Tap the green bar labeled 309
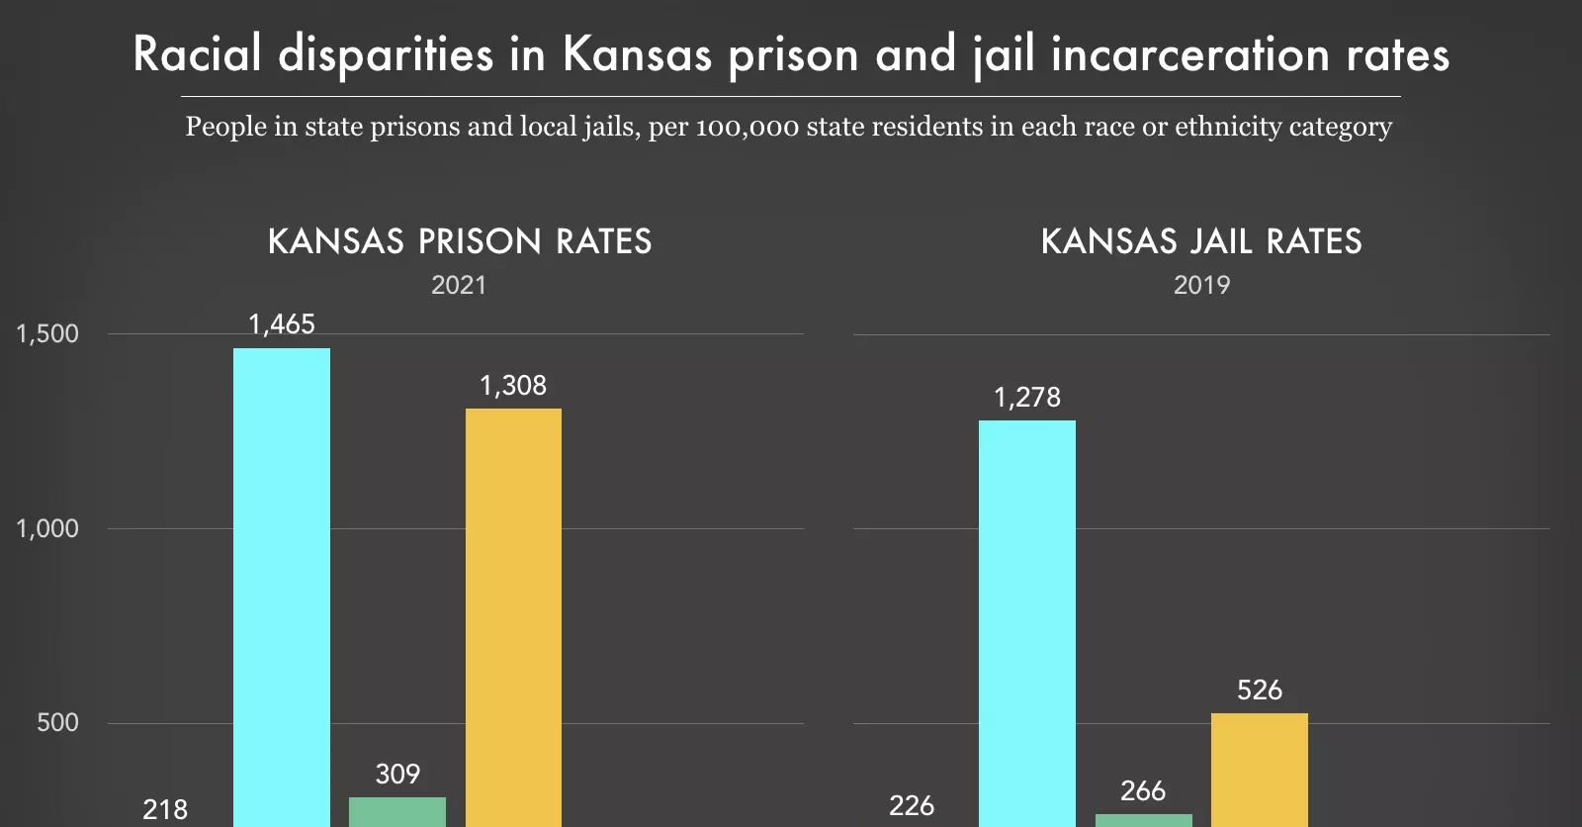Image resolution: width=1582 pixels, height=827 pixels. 397,811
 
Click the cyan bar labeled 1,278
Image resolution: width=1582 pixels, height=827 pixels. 1027,623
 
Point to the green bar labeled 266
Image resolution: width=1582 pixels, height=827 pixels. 1144,820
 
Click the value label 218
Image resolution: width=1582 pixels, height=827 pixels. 165,810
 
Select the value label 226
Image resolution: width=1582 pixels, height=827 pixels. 912,806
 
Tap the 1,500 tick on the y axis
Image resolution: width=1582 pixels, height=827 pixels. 47,334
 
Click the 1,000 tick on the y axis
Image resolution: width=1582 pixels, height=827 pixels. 47,528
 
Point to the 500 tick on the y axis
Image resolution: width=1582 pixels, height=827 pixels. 57,723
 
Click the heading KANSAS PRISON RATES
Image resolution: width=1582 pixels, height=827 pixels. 460,241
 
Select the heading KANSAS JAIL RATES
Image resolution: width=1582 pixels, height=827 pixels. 1201,241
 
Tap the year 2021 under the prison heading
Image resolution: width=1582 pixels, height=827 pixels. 459,285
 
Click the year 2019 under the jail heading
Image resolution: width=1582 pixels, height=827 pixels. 1201,285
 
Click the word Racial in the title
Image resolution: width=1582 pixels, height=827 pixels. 198,53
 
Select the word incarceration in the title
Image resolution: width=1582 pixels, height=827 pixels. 1190,53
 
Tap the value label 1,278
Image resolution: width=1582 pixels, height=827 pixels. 1027,398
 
